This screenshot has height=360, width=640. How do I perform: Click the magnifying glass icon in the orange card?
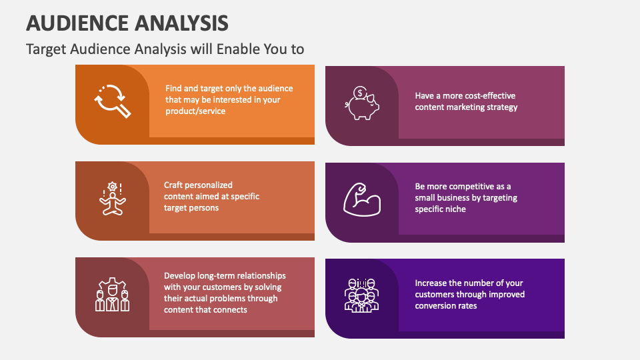point(112,101)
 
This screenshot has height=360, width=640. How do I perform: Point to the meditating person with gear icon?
point(112,198)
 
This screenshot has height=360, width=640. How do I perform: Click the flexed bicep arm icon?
point(362,198)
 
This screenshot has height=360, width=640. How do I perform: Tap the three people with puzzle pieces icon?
point(112,295)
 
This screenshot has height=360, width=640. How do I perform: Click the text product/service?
point(195,111)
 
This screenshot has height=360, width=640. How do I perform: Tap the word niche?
point(452,209)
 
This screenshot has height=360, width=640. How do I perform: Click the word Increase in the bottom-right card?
point(432,283)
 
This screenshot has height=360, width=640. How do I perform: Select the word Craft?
point(175,185)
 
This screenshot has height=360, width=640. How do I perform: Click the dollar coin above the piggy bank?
point(360,93)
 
